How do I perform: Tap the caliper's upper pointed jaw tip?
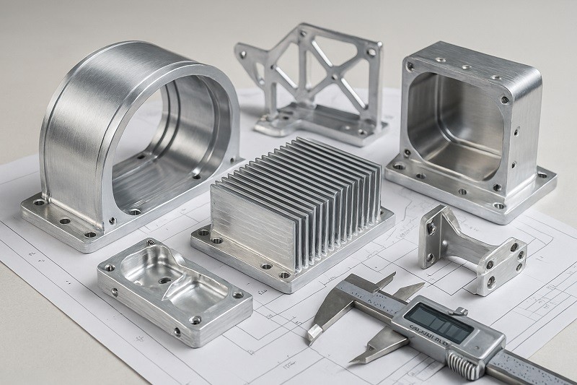tap(309, 334)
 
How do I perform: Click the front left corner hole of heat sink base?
tap(203, 234)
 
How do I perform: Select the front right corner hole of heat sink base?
tap(286, 274)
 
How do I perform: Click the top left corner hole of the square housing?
tap(410, 66)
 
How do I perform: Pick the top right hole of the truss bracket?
tap(371, 52)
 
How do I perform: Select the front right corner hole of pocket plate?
tap(195, 320)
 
